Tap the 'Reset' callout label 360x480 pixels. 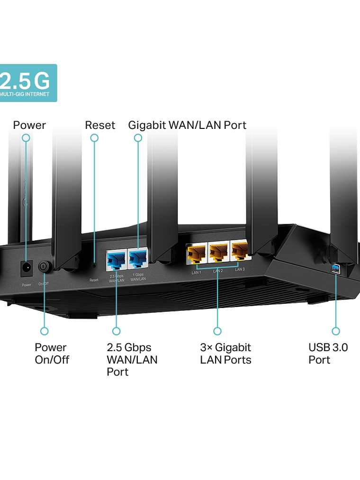tap(100, 125)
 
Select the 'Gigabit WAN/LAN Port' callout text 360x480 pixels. tap(187, 125)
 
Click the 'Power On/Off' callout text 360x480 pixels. tap(52, 353)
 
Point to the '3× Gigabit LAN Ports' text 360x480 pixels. tap(225, 353)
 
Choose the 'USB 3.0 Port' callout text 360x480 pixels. tap(328, 353)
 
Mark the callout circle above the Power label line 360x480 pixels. tap(26, 138)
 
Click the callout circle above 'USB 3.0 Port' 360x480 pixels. tap(336, 331)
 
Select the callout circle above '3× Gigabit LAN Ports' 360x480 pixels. tap(217, 331)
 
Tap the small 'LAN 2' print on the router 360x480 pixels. tap(218, 271)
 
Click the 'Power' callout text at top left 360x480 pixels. tap(29, 125)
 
